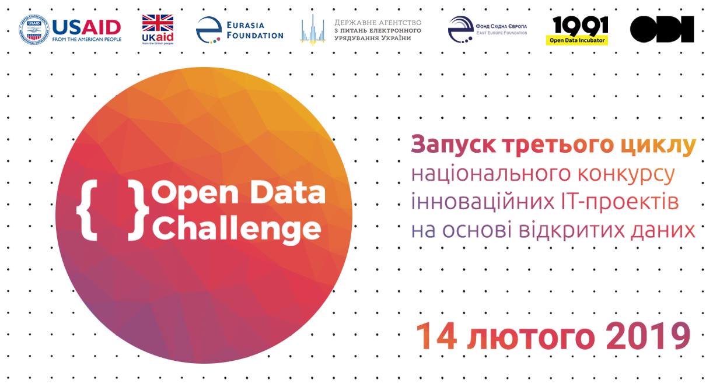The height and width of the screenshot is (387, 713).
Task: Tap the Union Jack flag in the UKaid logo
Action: point(158,23)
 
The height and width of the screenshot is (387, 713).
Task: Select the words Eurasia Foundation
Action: point(254,30)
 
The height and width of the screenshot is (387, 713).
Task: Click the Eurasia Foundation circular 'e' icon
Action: point(208,30)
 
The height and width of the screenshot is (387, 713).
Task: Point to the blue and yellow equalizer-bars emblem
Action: point(312,29)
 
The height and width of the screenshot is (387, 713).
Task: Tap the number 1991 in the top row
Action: point(579,25)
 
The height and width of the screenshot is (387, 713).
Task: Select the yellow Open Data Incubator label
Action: point(577,41)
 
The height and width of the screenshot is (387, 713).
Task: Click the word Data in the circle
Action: point(292,193)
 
